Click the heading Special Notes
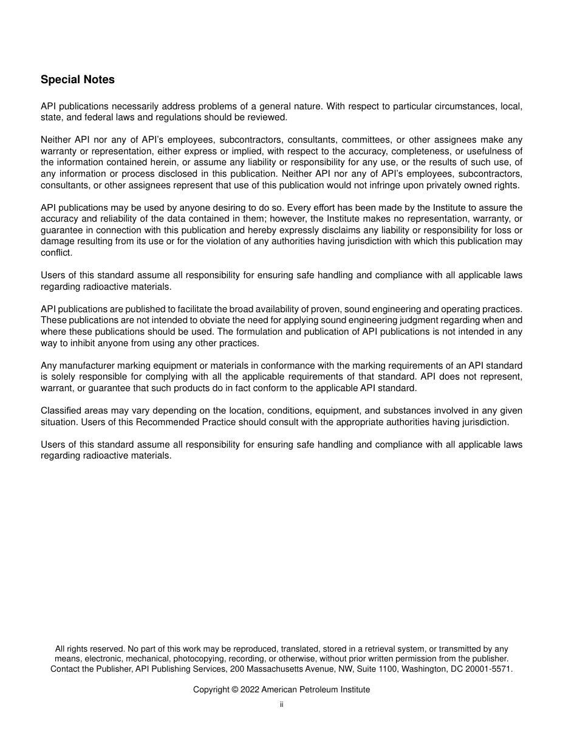pyautogui.click(x=77, y=80)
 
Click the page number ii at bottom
pyautogui.click(x=281, y=704)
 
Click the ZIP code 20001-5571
pyautogui.click(x=490, y=669)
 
